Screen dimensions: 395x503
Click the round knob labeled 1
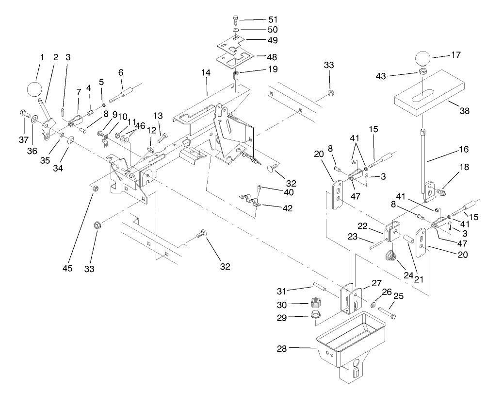click(35, 90)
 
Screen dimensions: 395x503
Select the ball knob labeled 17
click(423, 60)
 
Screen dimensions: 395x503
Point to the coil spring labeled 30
click(316, 304)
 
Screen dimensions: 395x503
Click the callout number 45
click(67, 269)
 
